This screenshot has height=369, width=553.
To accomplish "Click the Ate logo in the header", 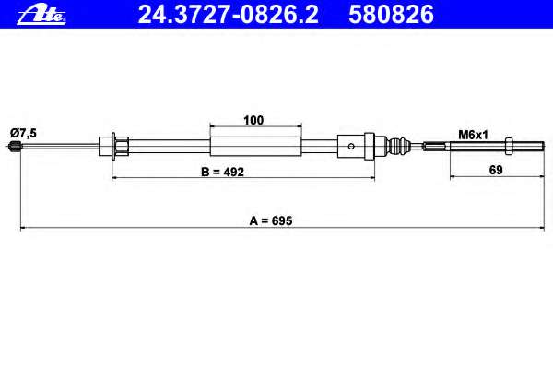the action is coord(41,15).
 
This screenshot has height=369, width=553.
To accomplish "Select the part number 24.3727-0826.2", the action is coord(228,15).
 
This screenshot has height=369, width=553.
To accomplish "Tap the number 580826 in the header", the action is coord(391,15).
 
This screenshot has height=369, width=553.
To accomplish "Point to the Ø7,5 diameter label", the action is coord(24,133).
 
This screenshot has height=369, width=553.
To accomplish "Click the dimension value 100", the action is coord(253,120).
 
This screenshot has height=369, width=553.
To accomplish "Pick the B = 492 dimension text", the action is coord(222,172).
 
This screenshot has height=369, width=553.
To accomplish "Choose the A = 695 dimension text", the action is coord(271,220).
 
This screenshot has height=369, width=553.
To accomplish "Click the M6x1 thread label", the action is coord(473,135).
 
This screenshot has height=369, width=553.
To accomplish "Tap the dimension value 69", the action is coord(496,170).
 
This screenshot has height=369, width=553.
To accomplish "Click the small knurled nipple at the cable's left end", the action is coord(14,145).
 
